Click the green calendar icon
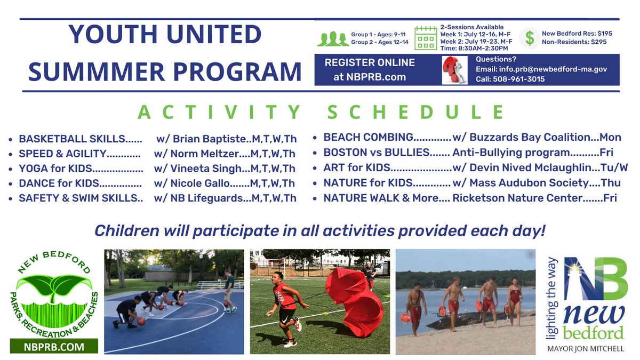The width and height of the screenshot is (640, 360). pyautogui.click(x=426, y=38)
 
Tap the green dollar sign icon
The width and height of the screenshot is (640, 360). pyautogui.click(x=530, y=38)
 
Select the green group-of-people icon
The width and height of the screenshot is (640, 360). pyautogui.click(x=333, y=39)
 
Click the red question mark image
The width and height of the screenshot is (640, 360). pyautogui.click(x=454, y=70)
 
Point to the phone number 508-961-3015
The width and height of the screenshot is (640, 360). pyautogui.click(x=518, y=79)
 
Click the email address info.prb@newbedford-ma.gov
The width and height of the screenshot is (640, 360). pyautogui.click(x=553, y=69)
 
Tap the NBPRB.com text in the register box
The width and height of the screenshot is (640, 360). pyautogui.click(x=376, y=77)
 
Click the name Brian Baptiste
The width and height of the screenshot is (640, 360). pyautogui.click(x=211, y=139)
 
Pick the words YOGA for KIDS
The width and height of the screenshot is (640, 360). pyautogui.click(x=55, y=169)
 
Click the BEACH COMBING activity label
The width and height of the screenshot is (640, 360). pyautogui.click(x=369, y=138)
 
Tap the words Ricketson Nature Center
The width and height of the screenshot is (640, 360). pyautogui.click(x=517, y=198)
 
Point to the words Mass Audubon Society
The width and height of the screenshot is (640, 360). pyautogui.click(x=529, y=183)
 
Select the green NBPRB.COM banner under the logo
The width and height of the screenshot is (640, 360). pyautogui.click(x=54, y=346)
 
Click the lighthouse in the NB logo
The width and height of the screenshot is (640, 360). pyautogui.click(x=574, y=278)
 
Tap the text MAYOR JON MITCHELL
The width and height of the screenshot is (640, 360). pyautogui.click(x=586, y=349)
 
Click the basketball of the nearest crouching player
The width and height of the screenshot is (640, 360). pyautogui.click(x=141, y=322)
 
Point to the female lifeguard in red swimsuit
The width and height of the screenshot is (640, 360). pyautogui.click(x=514, y=301)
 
